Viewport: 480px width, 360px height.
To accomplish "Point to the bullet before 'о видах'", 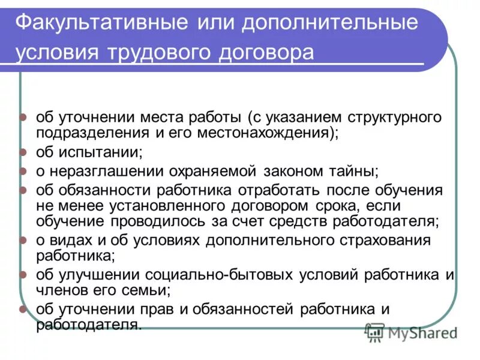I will (23, 241).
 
